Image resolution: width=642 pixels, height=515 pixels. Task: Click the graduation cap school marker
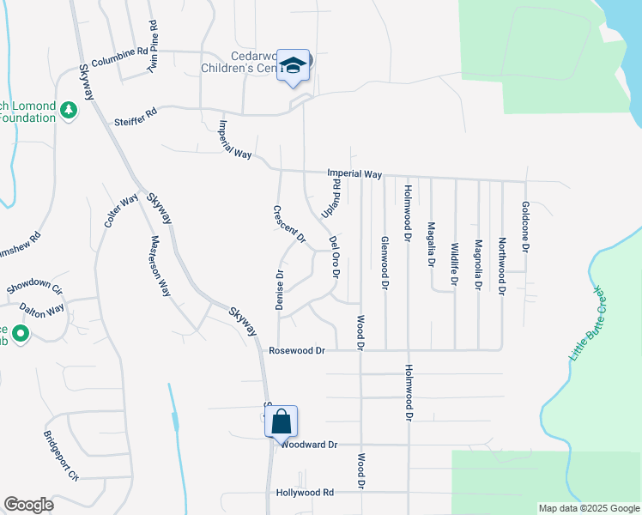point(293,65)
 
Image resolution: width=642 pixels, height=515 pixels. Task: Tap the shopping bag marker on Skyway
point(281,421)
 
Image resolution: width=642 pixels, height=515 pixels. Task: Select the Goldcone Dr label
point(525,226)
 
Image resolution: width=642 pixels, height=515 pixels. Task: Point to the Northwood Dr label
point(502,267)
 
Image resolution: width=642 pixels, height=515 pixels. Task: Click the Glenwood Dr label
point(385,262)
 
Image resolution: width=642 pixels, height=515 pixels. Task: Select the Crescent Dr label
point(289,225)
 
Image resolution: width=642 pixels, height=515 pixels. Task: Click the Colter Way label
point(121,210)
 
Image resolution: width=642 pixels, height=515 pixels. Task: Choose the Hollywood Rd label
point(305,493)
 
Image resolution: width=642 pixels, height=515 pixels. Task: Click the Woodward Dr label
point(310,445)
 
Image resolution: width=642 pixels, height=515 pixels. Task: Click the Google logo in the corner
point(28,504)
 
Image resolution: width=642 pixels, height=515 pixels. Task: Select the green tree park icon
point(68,110)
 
